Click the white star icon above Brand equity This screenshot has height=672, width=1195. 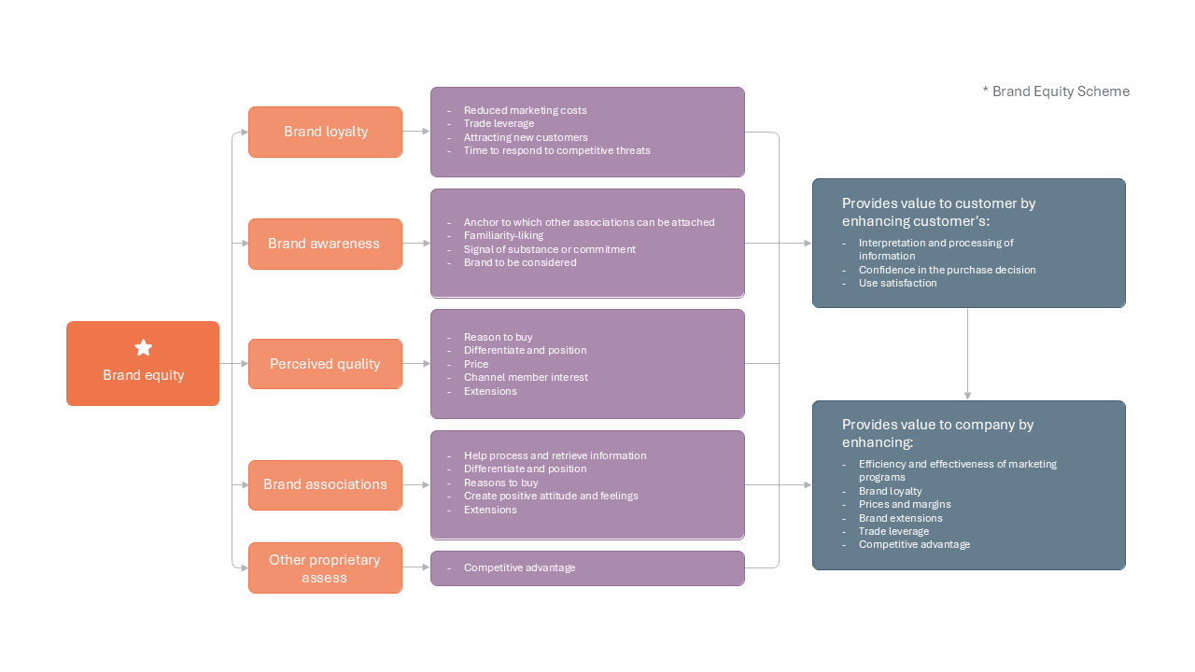pyautogui.click(x=143, y=348)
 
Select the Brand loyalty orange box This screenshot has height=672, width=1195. pyautogui.click(x=325, y=132)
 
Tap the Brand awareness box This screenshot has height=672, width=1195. pyautogui.click(x=325, y=244)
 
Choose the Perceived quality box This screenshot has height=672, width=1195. pyautogui.click(x=325, y=364)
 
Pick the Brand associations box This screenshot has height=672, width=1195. pyautogui.click(x=325, y=484)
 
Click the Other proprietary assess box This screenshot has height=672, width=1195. pyautogui.click(x=325, y=568)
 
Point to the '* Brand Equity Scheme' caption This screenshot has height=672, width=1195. pyautogui.click(x=1056, y=91)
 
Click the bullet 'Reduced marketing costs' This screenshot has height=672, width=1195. pyautogui.click(x=525, y=110)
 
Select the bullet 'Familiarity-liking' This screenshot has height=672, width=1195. pyautogui.click(x=503, y=236)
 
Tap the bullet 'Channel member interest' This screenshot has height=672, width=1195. pyautogui.click(x=526, y=378)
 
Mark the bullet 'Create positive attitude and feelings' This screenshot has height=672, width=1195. pyautogui.click(x=551, y=496)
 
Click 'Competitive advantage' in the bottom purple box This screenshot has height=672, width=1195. pyautogui.click(x=519, y=568)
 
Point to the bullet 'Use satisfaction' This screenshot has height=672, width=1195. pyautogui.click(x=897, y=283)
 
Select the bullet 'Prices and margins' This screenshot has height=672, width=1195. pyautogui.click(x=905, y=505)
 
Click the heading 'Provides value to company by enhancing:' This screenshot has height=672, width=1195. pyautogui.click(x=937, y=433)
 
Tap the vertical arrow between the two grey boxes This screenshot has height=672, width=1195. pyautogui.click(x=967, y=354)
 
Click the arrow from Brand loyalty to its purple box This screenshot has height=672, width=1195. pyautogui.click(x=416, y=132)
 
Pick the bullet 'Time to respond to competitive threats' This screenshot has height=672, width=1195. pyautogui.click(x=556, y=151)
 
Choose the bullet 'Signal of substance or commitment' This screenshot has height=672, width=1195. pyautogui.click(x=549, y=249)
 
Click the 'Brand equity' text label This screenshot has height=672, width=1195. pyautogui.click(x=143, y=375)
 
